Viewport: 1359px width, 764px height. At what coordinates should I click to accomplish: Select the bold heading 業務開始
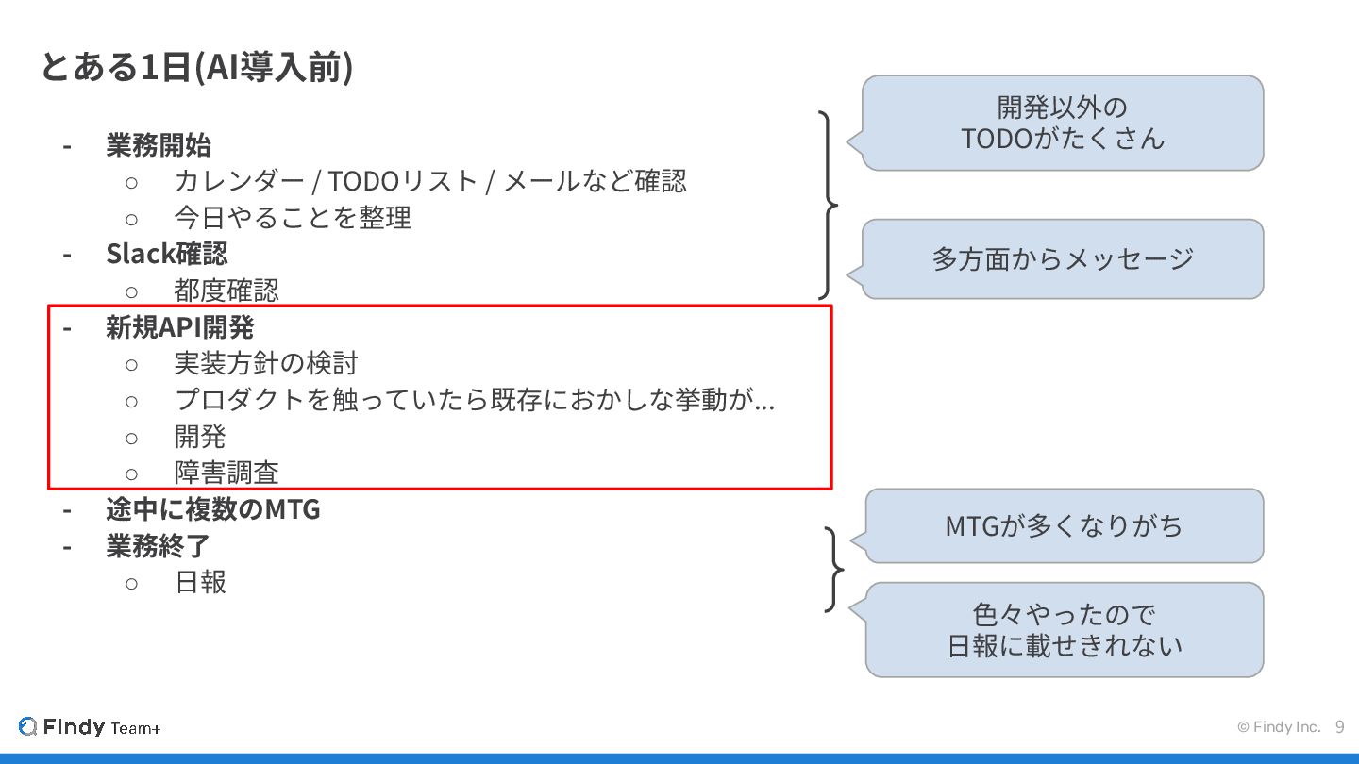[158, 146]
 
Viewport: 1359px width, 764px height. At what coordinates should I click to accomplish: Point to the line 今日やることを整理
[293, 218]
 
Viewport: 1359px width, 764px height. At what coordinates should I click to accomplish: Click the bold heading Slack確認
[166, 254]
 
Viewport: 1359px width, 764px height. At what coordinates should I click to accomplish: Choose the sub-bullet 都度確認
[226, 290]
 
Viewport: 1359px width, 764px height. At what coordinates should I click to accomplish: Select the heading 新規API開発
[179, 327]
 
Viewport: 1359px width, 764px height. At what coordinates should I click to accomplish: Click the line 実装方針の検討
[266, 363]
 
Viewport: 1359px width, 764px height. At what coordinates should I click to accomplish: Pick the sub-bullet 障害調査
[226, 473]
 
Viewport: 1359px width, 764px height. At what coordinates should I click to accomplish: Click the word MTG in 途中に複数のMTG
[292, 510]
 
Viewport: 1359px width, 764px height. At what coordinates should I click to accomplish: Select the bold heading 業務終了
[158, 546]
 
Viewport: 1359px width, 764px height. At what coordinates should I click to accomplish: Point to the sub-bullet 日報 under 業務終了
[200, 582]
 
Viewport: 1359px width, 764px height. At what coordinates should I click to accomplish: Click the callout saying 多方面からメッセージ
[1063, 258]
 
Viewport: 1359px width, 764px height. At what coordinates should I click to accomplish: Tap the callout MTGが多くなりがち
[1064, 525]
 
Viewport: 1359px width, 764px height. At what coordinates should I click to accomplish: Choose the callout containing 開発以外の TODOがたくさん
[1063, 123]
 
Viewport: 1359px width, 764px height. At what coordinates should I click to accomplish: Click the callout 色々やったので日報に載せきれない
[1064, 629]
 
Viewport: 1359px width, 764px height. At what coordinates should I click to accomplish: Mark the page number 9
[1339, 727]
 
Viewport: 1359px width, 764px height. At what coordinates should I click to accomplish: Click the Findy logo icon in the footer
[27, 727]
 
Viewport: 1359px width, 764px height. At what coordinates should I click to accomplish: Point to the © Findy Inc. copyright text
[1279, 727]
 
